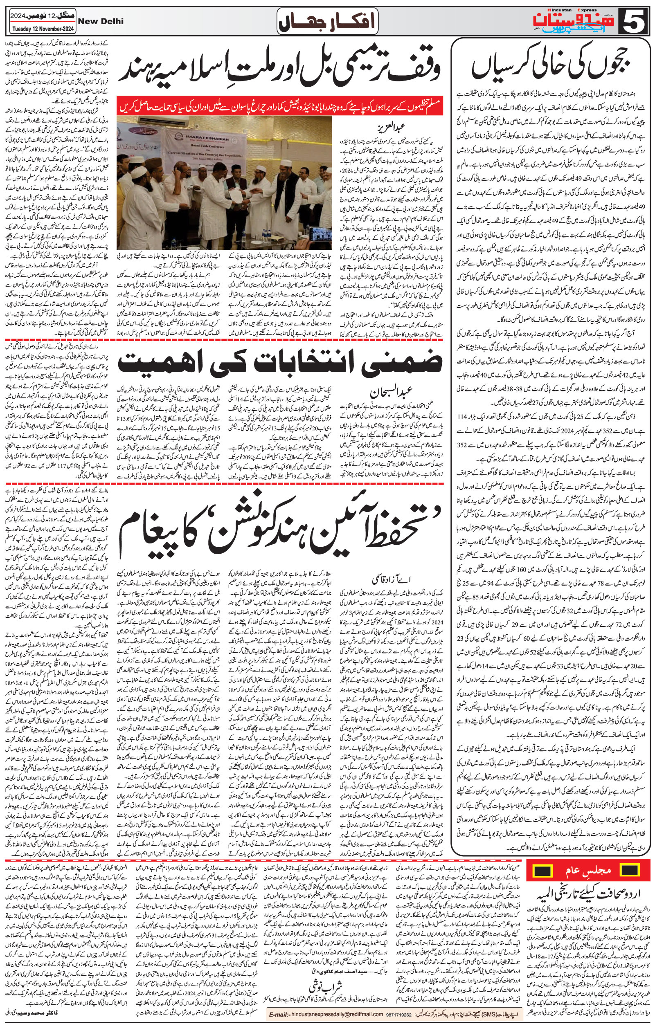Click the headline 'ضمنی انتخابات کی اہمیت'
click(280, 364)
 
